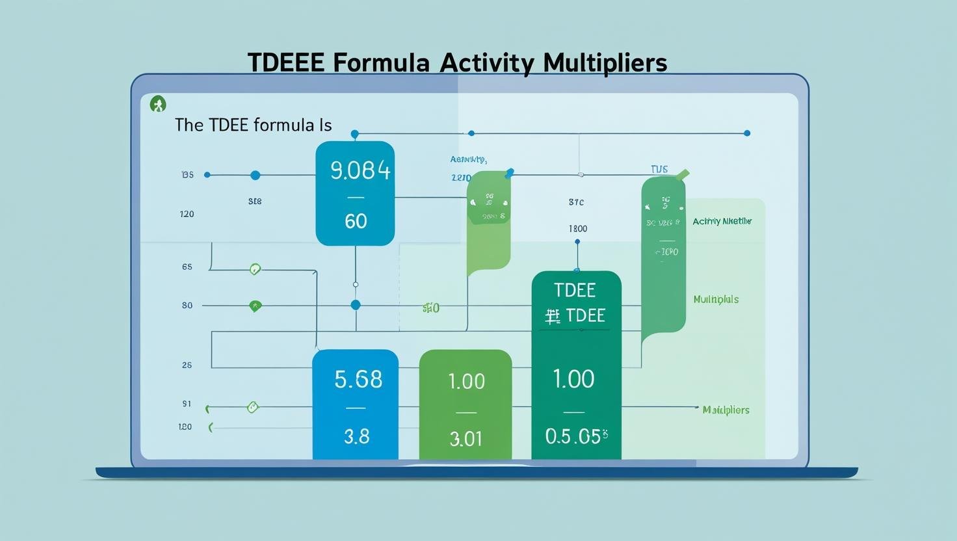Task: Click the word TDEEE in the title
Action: click(285, 63)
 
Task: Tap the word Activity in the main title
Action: click(486, 63)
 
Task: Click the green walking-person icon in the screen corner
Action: click(158, 104)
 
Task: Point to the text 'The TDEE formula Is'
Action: click(253, 125)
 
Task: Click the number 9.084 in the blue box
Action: click(361, 170)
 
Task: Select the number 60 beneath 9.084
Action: click(356, 221)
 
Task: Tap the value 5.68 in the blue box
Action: click(358, 379)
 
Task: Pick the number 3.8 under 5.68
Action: click(356, 436)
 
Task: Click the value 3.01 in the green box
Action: click(465, 439)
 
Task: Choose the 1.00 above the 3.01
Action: click(466, 381)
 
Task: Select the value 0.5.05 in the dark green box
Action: click(576, 436)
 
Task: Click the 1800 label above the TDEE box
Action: click(577, 229)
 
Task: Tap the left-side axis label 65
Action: click(187, 267)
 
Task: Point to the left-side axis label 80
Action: click(187, 306)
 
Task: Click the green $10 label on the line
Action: click(430, 308)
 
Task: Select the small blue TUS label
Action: click(659, 170)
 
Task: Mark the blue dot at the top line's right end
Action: click(747, 133)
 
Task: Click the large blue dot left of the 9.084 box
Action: click(255, 176)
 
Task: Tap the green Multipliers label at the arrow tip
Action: click(726, 410)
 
